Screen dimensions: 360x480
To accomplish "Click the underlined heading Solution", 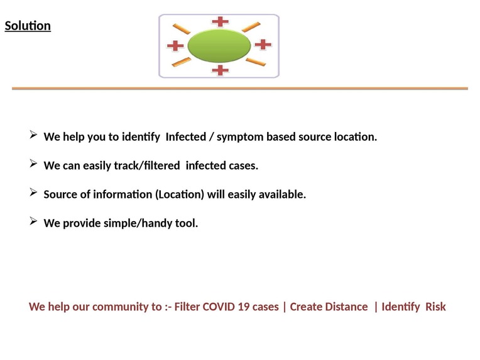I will coord(28,26).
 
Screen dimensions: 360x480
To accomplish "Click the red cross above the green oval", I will coord(220,21).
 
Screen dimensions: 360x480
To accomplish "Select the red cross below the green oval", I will coord(220,69).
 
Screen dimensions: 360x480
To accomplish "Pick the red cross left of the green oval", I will coord(175,45).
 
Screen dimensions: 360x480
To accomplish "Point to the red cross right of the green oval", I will coord(263,45).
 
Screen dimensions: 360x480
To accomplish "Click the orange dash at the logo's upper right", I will coord(251,26).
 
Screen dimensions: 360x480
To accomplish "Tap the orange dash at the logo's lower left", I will coord(182,62).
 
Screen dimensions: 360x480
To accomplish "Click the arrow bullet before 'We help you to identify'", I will coord(33,135).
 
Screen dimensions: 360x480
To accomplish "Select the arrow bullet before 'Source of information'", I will coord(33,193).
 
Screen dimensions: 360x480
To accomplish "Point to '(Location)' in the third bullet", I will coord(180,194).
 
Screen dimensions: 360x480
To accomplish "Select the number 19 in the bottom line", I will coord(246,307).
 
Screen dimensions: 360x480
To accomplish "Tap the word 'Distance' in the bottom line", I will coord(347,307).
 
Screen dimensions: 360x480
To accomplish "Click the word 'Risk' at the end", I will coord(435,307).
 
